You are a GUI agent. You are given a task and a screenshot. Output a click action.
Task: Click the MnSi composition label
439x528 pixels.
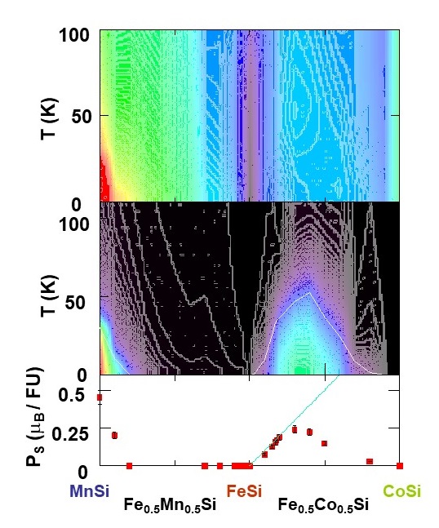pos(90,491)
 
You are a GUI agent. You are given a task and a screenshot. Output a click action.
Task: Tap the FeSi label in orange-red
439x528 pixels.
pos(244,491)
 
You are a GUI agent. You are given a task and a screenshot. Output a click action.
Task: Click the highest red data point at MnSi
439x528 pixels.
pos(100,397)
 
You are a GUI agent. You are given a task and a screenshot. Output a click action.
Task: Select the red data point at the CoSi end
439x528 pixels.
pos(399,465)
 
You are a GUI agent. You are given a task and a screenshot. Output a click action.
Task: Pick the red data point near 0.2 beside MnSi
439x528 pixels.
pos(115,436)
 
